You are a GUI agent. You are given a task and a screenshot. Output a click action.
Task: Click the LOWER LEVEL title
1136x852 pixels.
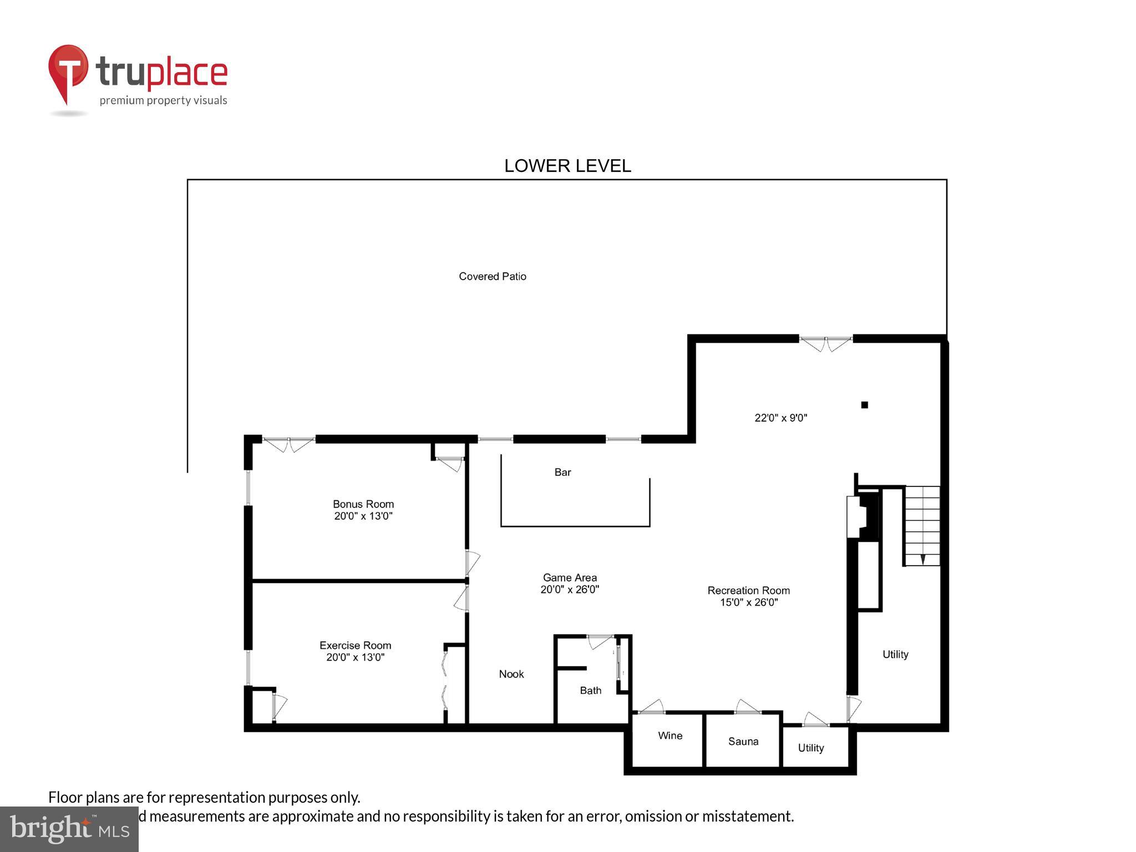[567, 166]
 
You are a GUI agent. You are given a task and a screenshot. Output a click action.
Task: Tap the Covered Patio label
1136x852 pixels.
[492, 276]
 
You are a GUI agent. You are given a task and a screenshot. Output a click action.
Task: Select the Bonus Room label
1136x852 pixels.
[363, 504]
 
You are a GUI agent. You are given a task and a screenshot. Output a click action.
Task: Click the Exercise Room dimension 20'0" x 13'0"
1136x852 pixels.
[355, 657]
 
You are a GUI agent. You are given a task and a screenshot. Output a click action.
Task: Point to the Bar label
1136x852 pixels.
[562, 472]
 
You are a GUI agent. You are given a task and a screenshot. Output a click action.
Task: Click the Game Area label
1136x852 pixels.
[570, 577]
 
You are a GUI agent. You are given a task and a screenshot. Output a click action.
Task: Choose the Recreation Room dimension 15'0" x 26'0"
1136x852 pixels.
[749, 602]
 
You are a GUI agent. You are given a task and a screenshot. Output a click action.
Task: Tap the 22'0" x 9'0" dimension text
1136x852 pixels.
[780, 418]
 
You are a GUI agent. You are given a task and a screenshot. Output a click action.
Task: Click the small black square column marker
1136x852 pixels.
[864, 405]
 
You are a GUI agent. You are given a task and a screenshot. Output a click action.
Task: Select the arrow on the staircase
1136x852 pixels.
[922, 559]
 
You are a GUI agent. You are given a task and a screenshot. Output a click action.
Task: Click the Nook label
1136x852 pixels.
[511, 674]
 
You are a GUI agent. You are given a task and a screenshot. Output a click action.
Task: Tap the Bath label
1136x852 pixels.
[590, 691]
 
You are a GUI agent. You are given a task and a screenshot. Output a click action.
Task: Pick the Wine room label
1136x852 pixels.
[670, 736]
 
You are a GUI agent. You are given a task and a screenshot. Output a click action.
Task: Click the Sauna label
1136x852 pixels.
[743, 742]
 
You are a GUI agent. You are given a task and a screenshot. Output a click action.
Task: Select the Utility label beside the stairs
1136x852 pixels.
[895, 655]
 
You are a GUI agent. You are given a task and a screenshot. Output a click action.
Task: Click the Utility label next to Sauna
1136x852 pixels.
[810, 748]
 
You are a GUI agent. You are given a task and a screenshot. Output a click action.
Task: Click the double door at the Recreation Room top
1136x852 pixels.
[825, 343]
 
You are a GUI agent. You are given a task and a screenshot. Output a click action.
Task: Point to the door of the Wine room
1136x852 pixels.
[651, 707]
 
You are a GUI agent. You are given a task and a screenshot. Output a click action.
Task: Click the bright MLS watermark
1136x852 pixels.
[69, 829]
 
